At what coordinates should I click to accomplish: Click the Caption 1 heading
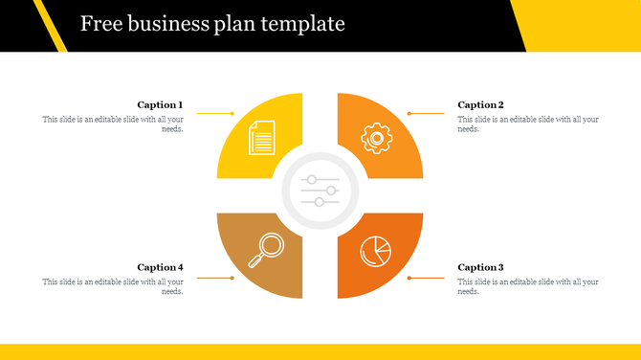[160, 105]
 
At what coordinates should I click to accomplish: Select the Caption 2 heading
[480, 105]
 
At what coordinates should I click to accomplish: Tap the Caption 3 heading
[480, 268]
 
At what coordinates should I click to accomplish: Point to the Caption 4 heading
[160, 268]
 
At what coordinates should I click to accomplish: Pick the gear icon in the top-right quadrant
[376, 138]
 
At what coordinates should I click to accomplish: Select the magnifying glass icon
[265, 250]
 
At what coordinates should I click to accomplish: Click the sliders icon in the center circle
[320, 191]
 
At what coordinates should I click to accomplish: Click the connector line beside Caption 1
[216, 113]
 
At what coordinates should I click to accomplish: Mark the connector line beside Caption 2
[426, 113]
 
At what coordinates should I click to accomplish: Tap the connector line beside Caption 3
[426, 278]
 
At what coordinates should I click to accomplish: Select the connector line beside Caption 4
[216, 278]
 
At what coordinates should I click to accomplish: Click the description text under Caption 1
[113, 124]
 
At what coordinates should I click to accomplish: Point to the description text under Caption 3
[528, 286]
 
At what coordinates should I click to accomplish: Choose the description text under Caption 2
[528, 124]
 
